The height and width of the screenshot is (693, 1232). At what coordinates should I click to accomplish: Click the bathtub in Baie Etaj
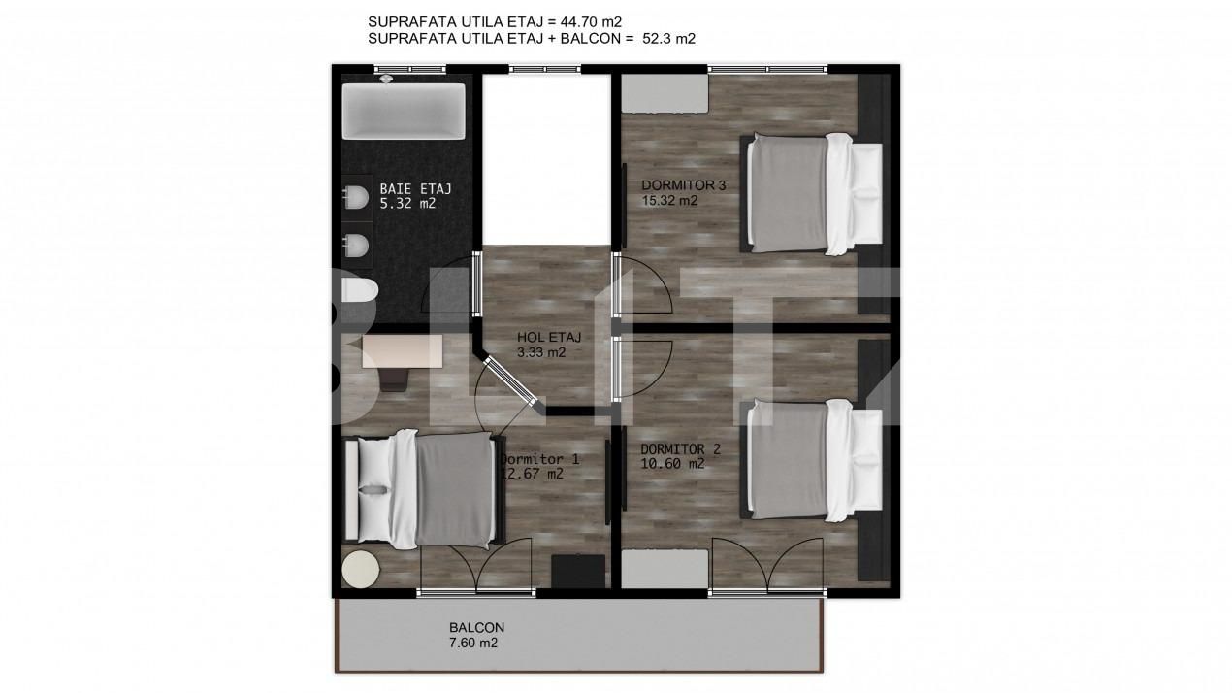click(403, 112)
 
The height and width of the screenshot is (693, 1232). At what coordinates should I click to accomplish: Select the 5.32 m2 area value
click(407, 204)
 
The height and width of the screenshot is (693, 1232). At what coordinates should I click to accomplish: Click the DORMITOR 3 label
click(683, 185)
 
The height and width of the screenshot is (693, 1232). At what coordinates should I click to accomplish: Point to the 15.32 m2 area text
click(670, 201)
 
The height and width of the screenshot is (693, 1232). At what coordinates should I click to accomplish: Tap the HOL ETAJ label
click(549, 338)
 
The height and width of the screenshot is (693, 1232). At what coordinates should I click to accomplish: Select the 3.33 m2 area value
click(541, 352)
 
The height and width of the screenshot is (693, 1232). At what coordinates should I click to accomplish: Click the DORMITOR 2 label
click(680, 449)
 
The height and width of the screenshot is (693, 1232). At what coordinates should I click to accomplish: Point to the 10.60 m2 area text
click(672, 464)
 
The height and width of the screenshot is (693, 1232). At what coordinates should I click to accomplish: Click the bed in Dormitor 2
click(814, 460)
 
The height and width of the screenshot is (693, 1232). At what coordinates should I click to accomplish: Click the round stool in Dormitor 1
click(361, 569)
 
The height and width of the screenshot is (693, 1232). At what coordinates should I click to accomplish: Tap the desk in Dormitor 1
click(402, 352)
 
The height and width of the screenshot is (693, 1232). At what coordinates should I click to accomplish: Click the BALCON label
click(476, 627)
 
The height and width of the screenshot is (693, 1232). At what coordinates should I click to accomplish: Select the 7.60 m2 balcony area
click(472, 643)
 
